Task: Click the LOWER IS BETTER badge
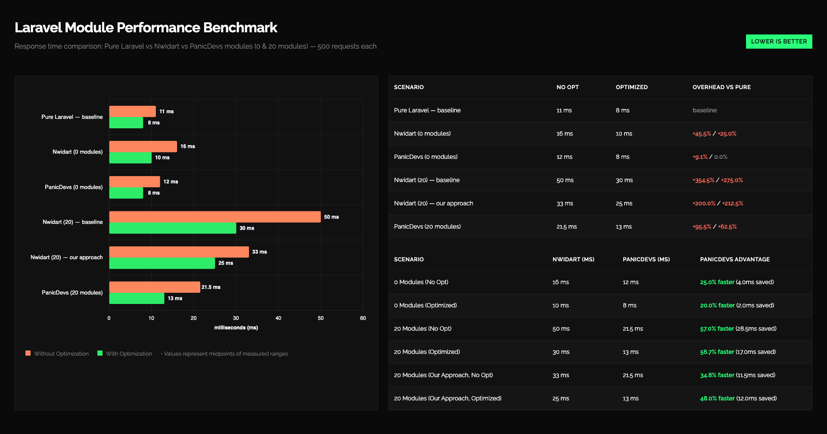click(779, 41)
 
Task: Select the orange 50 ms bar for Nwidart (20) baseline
click(215, 217)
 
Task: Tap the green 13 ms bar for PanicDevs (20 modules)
click(137, 298)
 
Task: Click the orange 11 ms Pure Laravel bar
click(132, 111)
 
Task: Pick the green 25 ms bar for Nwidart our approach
click(162, 263)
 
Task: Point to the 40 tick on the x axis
click(278, 318)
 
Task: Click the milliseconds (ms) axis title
click(236, 328)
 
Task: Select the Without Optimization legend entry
click(57, 353)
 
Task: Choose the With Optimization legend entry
click(125, 353)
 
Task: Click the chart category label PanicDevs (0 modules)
click(74, 187)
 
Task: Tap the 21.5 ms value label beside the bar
click(211, 287)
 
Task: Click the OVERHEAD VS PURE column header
click(721, 87)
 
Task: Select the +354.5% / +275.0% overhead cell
click(718, 180)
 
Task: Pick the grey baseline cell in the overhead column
click(705, 110)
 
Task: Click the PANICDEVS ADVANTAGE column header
click(735, 259)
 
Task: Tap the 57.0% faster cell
click(738, 329)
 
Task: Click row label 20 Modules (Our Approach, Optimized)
click(448, 398)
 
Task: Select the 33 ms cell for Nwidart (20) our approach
click(564, 203)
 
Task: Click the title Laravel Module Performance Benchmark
click(146, 28)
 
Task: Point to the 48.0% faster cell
click(738, 398)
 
